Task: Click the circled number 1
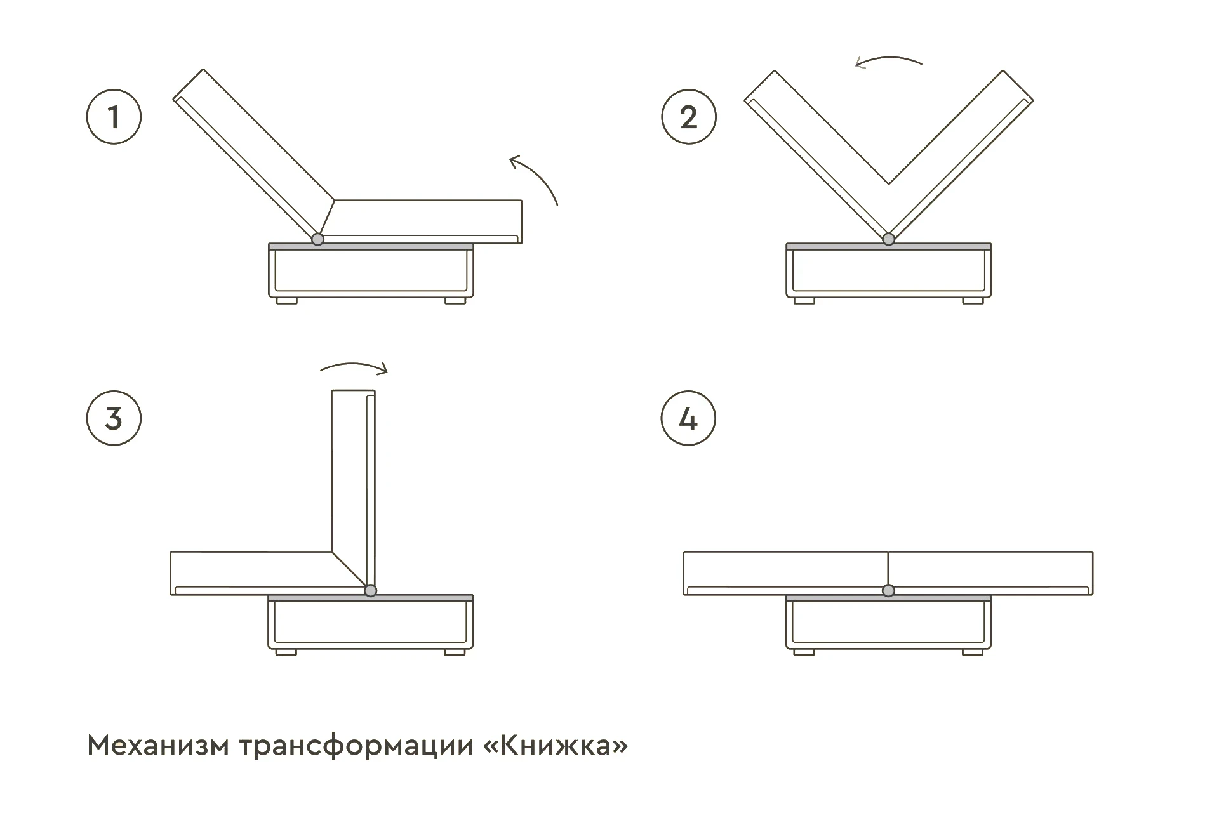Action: pos(114,117)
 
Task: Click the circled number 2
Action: pos(689,117)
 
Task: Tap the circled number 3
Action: pos(114,418)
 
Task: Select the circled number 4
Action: pos(689,418)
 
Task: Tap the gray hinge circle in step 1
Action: pos(317,239)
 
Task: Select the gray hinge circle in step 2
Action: pos(889,239)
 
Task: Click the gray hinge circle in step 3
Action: pos(371,591)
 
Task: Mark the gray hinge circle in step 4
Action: pos(889,591)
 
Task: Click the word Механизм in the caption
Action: pos(157,745)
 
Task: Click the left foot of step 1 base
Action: pos(287,301)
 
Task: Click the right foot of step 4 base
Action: pos(973,652)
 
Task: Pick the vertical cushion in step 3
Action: pos(352,482)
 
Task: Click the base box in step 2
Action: pos(889,273)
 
